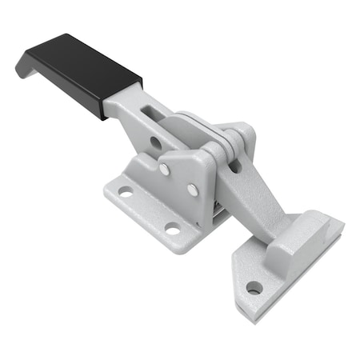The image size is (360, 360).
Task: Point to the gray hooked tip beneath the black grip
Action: coord(24,69)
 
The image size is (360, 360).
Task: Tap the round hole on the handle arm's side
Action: coord(155,142)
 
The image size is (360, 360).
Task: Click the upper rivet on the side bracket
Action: coord(164,169)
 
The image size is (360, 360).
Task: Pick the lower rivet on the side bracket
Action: coord(193,190)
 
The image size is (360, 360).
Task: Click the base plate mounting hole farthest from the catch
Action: coord(126,192)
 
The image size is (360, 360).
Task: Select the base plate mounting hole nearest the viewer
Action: coord(172,230)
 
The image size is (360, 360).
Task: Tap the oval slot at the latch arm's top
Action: coord(236,166)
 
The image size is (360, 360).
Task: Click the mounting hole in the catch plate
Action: coord(254,287)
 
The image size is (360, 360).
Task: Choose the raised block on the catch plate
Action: coord(308,240)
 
